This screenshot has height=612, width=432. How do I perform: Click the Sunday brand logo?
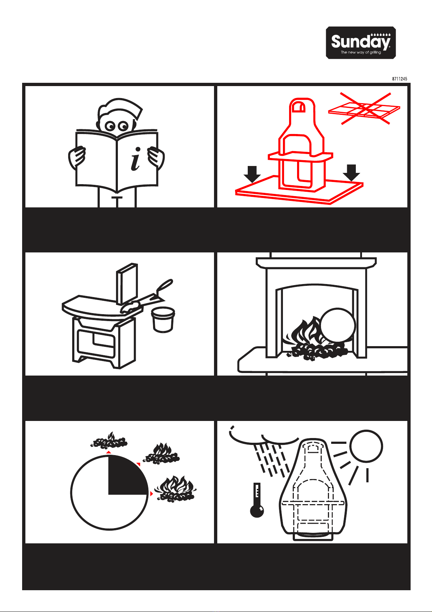pos(361,42)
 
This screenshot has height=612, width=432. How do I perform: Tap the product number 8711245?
pos(399,79)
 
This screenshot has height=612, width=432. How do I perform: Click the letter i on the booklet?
pos(135,159)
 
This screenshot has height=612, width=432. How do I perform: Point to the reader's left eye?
pos(110,126)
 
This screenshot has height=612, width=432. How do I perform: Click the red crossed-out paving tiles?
pos(364,109)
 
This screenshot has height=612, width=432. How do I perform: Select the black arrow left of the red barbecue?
pos(252,174)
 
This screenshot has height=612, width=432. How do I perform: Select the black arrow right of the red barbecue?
pos(351,173)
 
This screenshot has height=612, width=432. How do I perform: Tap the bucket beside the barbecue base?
pos(163,319)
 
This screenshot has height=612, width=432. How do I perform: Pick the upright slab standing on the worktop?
pos(127,284)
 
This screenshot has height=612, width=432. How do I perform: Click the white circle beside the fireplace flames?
pos(338,325)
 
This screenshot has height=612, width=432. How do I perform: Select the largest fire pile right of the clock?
pos(175,489)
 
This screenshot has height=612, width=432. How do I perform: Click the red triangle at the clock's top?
pos(108,453)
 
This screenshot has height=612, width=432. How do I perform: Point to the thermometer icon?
pos(257,500)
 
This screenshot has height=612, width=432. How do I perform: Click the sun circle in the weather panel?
pos(366,446)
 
